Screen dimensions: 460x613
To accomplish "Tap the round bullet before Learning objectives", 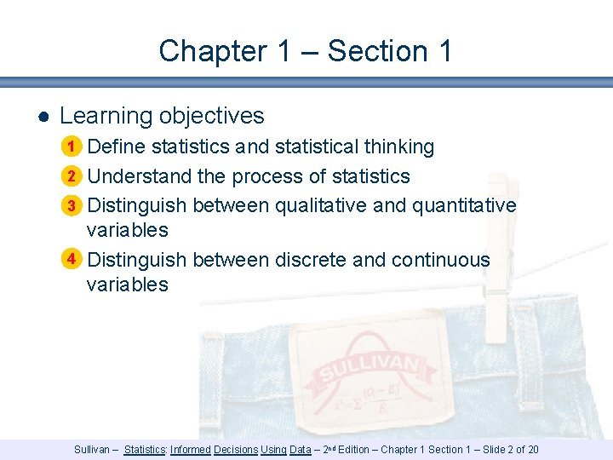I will point(42,117).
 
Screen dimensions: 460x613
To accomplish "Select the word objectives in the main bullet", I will point(216,116).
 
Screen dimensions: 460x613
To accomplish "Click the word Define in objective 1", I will point(116,147).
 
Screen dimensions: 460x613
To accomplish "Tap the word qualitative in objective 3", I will point(320,205).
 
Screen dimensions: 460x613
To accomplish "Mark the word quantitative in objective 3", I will point(464,205).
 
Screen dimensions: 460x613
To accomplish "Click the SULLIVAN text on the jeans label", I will point(369,369).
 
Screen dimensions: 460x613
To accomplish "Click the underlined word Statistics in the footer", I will point(145,449).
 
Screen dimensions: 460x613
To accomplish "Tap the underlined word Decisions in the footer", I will point(236,449).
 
